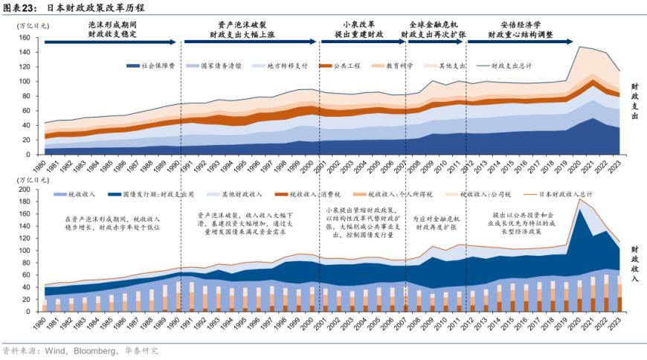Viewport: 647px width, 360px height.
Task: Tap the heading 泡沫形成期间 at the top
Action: click(112, 25)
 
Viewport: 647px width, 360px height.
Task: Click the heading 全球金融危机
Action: click(433, 25)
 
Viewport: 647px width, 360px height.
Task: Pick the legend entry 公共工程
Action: click(347, 65)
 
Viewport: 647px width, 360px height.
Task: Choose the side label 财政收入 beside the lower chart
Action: click(634, 263)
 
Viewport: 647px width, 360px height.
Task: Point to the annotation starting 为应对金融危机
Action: click(436, 222)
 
